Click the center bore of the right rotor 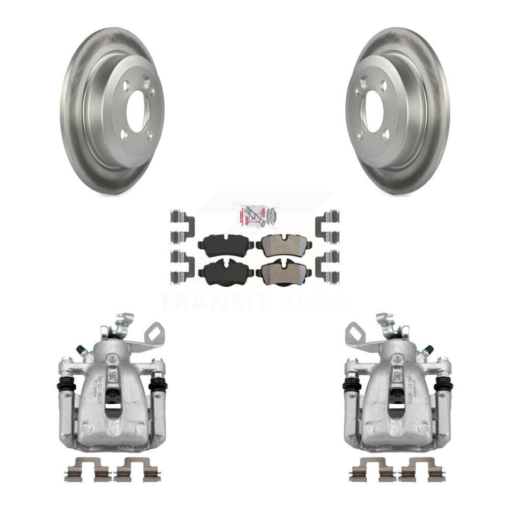point(374,111)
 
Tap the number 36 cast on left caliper point(113,372)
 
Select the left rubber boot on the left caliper point(65,385)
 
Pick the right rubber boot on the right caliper point(444,384)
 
